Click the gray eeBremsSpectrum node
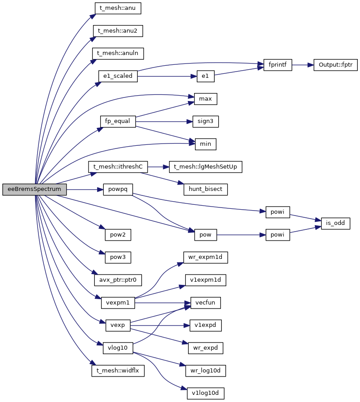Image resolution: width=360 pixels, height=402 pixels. point(34,190)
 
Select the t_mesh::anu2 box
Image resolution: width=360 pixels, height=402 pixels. point(118,31)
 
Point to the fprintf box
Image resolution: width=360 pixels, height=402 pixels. point(278,65)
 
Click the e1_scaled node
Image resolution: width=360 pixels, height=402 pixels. point(118,76)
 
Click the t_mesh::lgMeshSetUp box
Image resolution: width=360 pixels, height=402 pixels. point(206,167)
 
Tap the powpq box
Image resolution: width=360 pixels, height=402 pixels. point(118,189)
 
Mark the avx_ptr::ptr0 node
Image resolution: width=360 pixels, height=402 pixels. point(118,280)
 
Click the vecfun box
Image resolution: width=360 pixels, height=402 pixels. point(206,303)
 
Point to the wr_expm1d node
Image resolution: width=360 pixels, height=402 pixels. point(206,257)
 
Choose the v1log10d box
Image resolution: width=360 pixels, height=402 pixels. point(205,394)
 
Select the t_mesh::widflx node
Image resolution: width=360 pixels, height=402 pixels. point(118,371)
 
